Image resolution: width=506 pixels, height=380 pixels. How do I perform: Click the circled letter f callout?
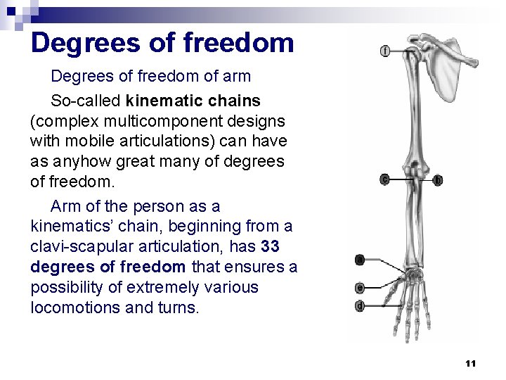(386, 50)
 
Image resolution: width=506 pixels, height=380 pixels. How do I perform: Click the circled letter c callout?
(384, 179)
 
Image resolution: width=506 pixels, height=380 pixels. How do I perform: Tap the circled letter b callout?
(438, 180)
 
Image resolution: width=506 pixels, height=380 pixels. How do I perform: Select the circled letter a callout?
(359, 260)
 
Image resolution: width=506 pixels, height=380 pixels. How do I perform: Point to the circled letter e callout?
(359, 288)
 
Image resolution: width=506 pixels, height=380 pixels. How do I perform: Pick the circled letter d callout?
(359, 305)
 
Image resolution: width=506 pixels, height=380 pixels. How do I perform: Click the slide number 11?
(471, 363)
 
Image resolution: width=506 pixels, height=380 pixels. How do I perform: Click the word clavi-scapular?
(75, 247)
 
